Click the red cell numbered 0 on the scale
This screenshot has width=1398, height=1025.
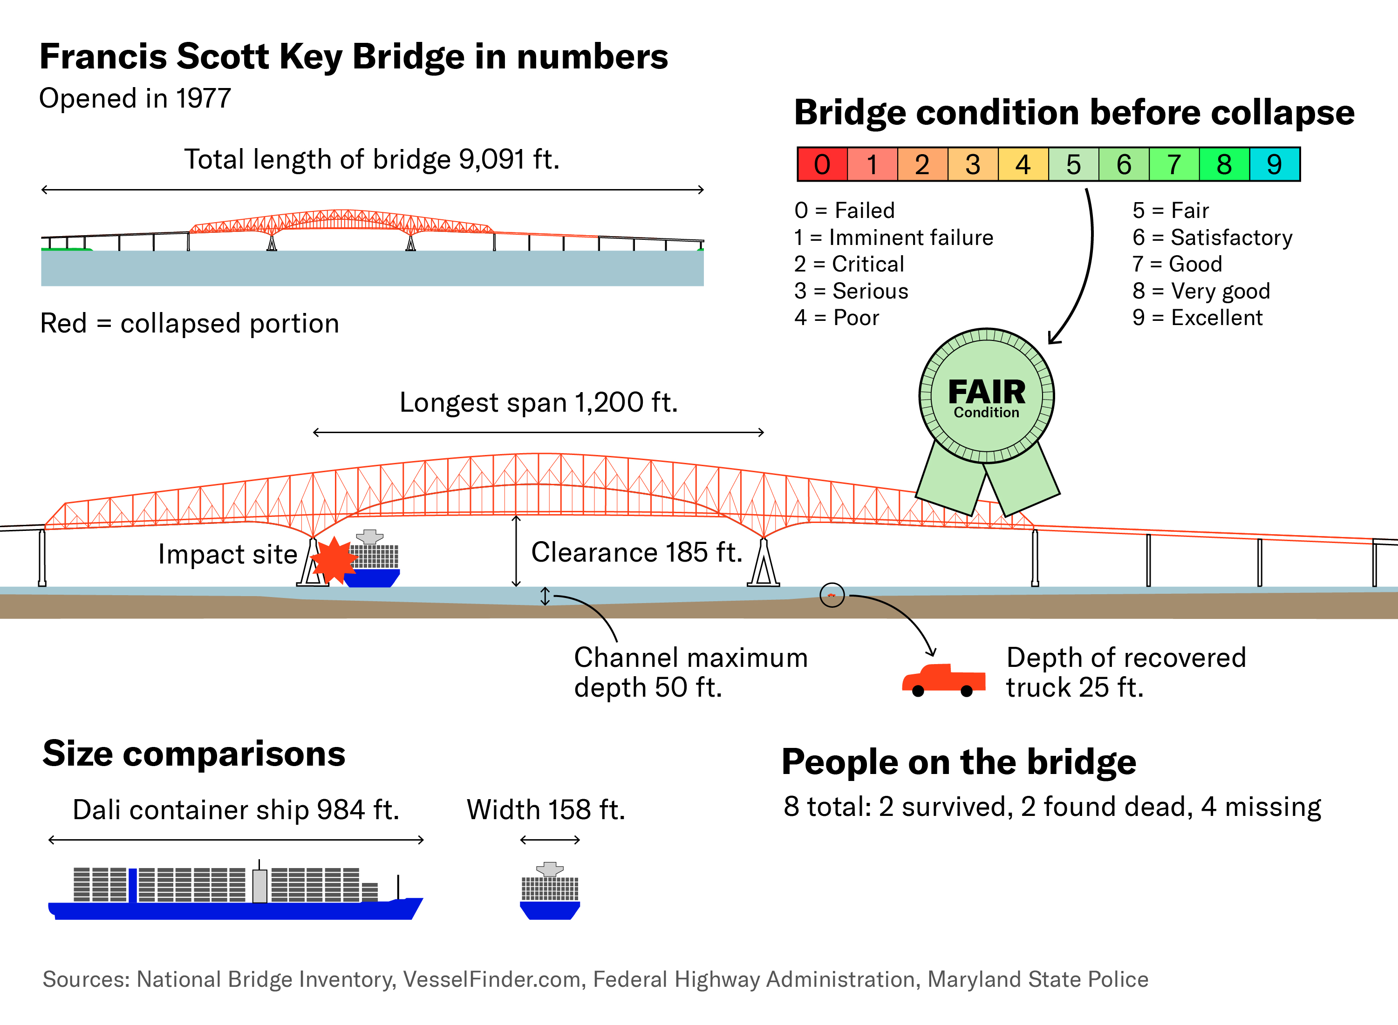coord(822,164)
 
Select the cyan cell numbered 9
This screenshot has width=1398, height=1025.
coord(1274,164)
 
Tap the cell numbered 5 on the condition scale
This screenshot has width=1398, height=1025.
coord(1073,164)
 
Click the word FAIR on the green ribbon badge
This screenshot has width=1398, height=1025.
coord(987,392)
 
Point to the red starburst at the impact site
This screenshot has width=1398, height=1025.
coord(334,560)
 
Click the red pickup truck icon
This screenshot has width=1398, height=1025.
coord(943,681)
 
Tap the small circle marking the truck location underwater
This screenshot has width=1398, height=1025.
coord(832,595)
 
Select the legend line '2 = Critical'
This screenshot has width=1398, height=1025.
coord(848,265)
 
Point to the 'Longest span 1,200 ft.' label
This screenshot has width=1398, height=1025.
coord(538,403)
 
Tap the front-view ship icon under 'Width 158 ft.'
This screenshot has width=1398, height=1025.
coord(550,892)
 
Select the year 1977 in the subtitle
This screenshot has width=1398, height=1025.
coord(203,99)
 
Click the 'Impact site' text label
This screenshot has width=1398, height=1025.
coord(228,554)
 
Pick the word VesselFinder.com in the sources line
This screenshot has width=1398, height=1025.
coord(491,979)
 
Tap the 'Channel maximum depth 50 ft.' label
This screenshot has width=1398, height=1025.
coord(690,672)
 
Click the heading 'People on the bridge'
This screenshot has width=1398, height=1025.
coord(958,762)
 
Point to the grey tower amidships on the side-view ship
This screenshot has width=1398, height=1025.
coord(260,885)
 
